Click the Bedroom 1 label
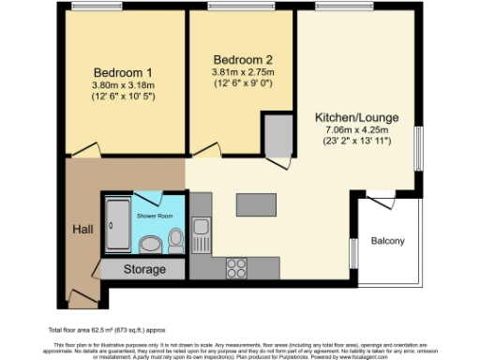tap(124, 73)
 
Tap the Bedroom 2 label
tap(242, 54)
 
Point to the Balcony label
tap(388, 241)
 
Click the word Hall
tap(82, 229)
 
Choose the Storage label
tap(145, 270)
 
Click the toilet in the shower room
tap(175, 243)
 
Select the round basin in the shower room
tap(150, 246)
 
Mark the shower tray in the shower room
tap(117, 227)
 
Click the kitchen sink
tap(201, 229)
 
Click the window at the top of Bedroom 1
tap(97, 7)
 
